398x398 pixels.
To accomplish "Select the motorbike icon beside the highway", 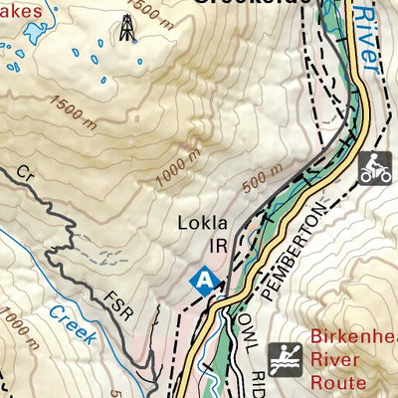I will pyautogui.click(x=374, y=167).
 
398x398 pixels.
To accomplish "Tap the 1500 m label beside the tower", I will pyautogui.click(x=151, y=15).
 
